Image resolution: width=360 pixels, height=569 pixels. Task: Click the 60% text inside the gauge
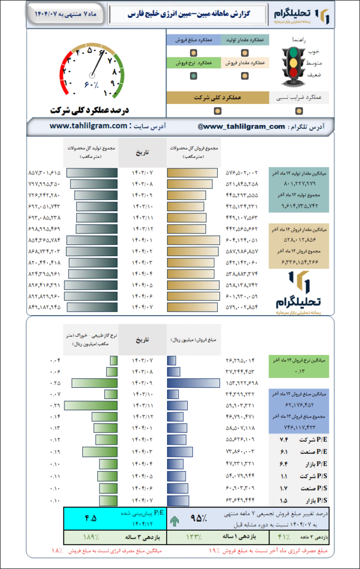pyautogui.click(x=91, y=85)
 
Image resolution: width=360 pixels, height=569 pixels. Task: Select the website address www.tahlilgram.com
pyautogui.click(x=88, y=126)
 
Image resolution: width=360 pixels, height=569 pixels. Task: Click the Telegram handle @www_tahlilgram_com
pyautogui.click(x=241, y=127)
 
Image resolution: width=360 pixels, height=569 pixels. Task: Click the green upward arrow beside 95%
pyautogui.click(x=175, y=521)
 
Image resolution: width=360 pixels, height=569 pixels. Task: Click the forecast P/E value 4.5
pyautogui.click(x=90, y=518)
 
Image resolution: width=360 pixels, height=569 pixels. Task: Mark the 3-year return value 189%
pyautogui.click(x=91, y=537)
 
